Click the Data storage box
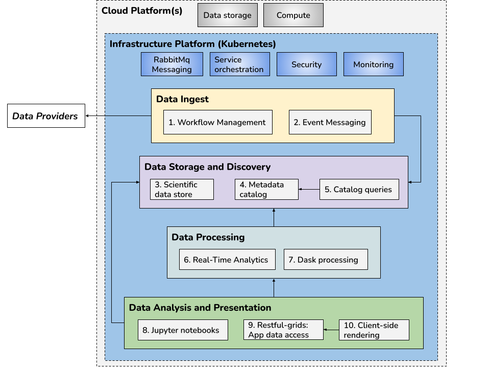[x=227, y=15]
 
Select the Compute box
[x=293, y=15]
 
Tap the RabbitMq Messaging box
[x=172, y=64]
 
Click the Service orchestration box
[x=239, y=64]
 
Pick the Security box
[x=306, y=64]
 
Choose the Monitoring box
[x=373, y=64]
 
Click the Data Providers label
[x=45, y=116]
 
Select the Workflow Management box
[x=217, y=122]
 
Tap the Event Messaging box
[x=330, y=122]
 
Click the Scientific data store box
[x=182, y=189]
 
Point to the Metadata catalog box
[x=266, y=189]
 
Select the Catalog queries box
[x=359, y=189]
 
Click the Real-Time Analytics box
[x=227, y=260]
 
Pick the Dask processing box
[x=326, y=260]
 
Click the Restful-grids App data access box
[x=283, y=330]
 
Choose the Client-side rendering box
[x=374, y=330]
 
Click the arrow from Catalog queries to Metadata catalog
[x=309, y=189]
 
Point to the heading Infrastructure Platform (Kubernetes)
[x=193, y=44]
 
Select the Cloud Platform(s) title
[x=142, y=11]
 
